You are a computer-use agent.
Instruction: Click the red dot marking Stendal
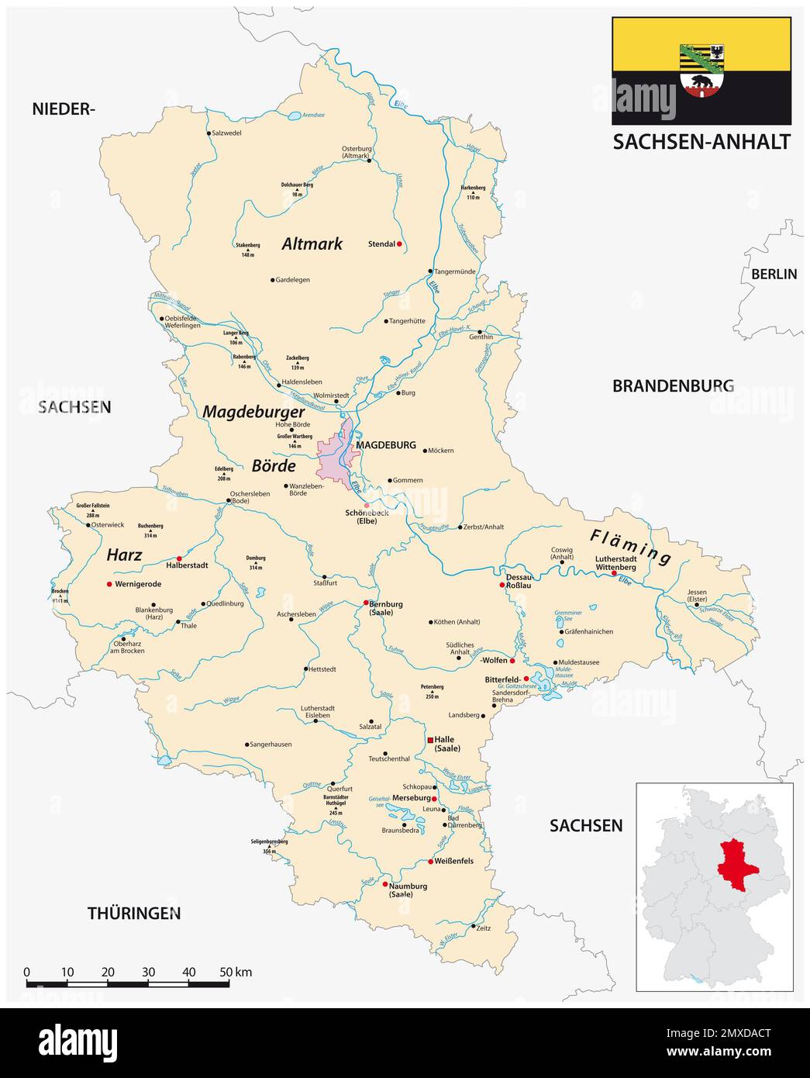pyautogui.click(x=398, y=244)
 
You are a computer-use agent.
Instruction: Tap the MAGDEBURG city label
pyautogui.click(x=385, y=446)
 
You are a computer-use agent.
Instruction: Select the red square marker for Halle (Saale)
pyautogui.click(x=429, y=741)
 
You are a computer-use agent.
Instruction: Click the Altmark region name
pyautogui.click(x=312, y=244)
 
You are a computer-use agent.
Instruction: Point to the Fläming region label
pyautogui.click(x=629, y=545)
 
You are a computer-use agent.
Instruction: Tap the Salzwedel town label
pyautogui.click(x=226, y=133)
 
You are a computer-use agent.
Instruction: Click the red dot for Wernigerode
pyautogui.click(x=109, y=584)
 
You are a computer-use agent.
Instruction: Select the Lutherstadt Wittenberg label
pyautogui.click(x=615, y=563)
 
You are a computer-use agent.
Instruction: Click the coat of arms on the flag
pyautogui.click(x=701, y=71)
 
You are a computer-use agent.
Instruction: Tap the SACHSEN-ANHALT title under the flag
pyautogui.click(x=701, y=142)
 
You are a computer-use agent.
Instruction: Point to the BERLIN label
pyautogui.click(x=774, y=274)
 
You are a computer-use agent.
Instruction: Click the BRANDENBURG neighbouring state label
pyautogui.click(x=673, y=385)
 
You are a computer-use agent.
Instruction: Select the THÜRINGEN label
pyautogui.click(x=133, y=913)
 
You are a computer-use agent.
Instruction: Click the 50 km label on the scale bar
pyautogui.click(x=236, y=973)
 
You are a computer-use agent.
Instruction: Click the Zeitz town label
pyautogui.click(x=483, y=928)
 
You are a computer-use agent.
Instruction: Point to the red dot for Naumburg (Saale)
pyautogui.click(x=385, y=884)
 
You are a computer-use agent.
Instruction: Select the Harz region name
pyautogui.click(x=124, y=555)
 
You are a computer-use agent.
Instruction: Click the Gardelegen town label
pyautogui.click(x=292, y=280)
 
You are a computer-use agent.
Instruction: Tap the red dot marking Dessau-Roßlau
pyautogui.click(x=502, y=586)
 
